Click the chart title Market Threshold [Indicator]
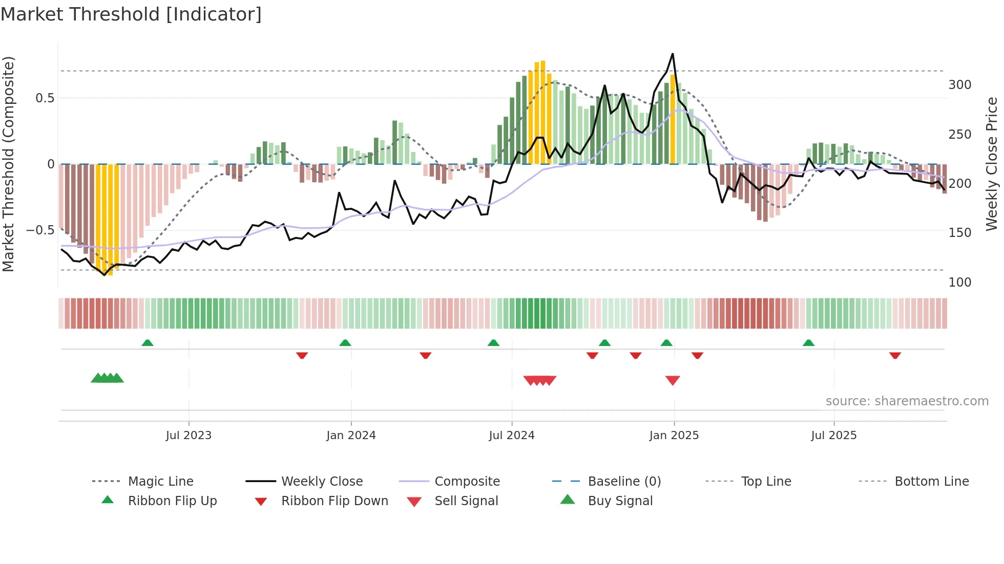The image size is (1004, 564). pos(131,14)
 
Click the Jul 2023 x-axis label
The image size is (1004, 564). pos(189,436)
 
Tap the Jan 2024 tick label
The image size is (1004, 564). pos(351,436)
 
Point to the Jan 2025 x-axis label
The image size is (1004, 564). pos(674,436)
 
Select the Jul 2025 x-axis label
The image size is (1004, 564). pos(833,436)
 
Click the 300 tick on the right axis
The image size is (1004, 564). pos(959,85)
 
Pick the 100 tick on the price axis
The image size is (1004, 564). pos(959,283)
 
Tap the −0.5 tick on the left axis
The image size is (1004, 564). pos(40,230)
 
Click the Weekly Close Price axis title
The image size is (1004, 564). pos(992,164)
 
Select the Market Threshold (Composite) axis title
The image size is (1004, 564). pos(8,164)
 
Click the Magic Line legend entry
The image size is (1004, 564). pos(160,482)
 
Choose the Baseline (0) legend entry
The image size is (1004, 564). pos(624,482)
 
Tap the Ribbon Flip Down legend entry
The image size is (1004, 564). pos(334,501)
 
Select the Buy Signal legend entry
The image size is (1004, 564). pos(620,501)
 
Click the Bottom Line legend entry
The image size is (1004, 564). pos(931,482)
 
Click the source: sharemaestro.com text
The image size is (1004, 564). pos(907,401)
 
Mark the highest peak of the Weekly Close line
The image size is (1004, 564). pos(673,54)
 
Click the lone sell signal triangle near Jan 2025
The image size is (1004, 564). pos(673,380)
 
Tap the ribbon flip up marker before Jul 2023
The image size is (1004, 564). pos(148,342)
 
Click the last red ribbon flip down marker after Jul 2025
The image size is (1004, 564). pos(895,355)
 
